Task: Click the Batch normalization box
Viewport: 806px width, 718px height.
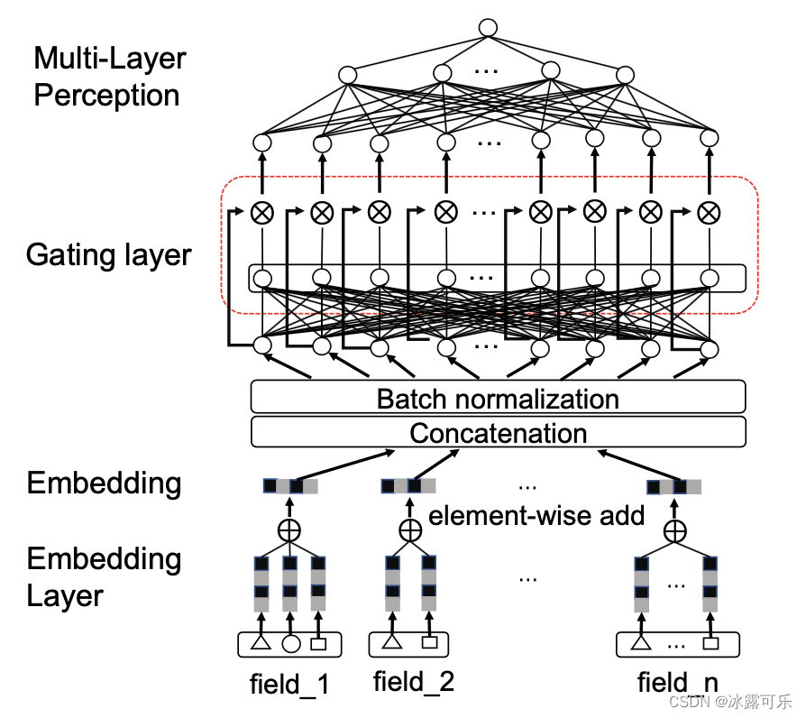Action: [x=498, y=398]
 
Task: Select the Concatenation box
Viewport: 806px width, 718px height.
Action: [x=498, y=433]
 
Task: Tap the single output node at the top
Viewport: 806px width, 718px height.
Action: [x=488, y=27]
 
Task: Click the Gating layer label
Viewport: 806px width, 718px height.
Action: [x=108, y=255]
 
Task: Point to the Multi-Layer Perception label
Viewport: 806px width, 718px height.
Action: [x=109, y=78]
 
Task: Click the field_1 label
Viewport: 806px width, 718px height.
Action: [x=289, y=685]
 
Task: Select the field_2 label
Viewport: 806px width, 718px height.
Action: [x=414, y=682]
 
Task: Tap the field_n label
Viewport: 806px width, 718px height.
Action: [x=677, y=683]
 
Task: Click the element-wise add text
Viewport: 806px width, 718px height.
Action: [x=536, y=516]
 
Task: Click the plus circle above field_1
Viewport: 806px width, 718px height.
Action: [x=289, y=530]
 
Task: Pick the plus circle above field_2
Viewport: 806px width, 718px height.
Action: [x=410, y=530]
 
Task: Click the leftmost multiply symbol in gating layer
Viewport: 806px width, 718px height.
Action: [x=262, y=213]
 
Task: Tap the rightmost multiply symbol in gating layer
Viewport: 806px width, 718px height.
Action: [x=710, y=212]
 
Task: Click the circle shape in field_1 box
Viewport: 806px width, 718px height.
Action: [x=290, y=644]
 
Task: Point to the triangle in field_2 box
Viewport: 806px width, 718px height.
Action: [x=391, y=643]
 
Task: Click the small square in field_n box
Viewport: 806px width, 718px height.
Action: [x=710, y=644]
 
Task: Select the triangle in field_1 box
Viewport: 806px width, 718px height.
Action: [x=261, y=644]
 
